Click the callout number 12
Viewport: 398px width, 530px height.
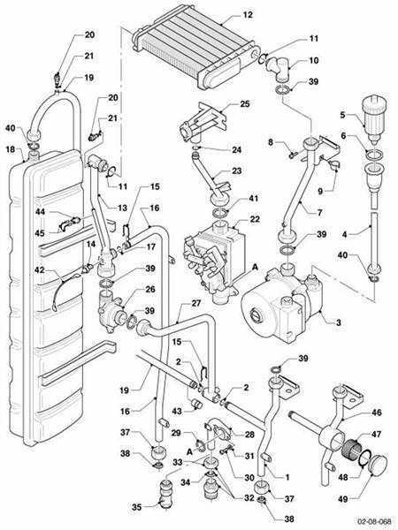(248, 15)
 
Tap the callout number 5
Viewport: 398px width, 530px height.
(343, 115)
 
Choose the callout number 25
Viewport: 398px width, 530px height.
(245, 104)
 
